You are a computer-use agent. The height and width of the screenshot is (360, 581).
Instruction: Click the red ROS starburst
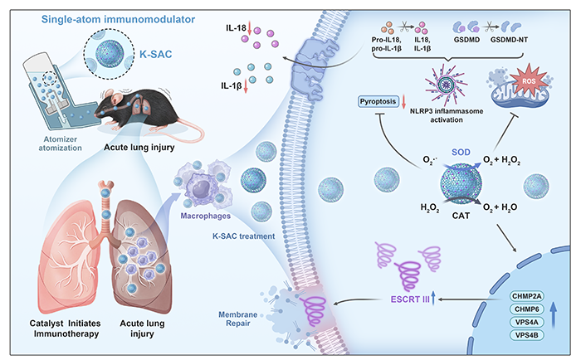(529, 80)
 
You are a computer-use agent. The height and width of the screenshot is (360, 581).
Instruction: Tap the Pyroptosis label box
(378, 101)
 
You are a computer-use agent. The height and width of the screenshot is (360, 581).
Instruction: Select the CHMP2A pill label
(526, 296)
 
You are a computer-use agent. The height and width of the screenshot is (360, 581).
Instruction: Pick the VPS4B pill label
(526, 335)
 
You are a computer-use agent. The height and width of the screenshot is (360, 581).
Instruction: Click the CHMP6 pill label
(526, 309)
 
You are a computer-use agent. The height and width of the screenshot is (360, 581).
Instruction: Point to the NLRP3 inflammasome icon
(446, 85)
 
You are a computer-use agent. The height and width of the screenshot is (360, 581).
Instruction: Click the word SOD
(461, 153)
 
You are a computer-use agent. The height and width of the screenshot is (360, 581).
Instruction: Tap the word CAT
(461, 216)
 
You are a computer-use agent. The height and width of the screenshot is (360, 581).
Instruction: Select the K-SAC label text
(156, 55)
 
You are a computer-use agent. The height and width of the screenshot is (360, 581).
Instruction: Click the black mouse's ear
(118, 99)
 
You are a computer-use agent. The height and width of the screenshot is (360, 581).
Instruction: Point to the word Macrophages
(205, 216)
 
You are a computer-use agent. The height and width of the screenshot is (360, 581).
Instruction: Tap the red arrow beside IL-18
(249, 28)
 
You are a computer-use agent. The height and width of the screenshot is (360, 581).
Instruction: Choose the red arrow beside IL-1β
(245, 86)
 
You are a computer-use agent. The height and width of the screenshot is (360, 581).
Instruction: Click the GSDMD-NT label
(509, 40)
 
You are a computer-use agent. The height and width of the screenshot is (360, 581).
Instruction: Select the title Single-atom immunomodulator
(118, 19)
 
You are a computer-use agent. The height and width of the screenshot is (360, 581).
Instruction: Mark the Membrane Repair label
(238, 319)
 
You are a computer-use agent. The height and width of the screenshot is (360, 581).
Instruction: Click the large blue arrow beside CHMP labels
(554, 315)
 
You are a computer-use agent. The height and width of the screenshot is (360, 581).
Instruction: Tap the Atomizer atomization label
(60, 144)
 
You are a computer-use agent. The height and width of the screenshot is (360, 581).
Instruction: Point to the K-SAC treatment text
(243, 236)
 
